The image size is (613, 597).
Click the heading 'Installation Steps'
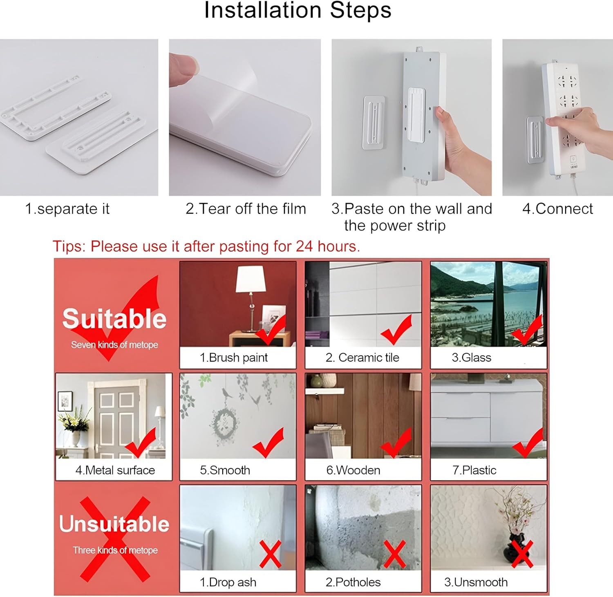(x=298, y=11)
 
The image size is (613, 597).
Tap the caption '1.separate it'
(x=67, y=209)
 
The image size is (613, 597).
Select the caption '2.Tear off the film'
(x=246, y=209)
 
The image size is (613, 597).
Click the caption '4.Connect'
(x=557, y=209)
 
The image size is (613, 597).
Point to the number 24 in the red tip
(x=304, y=246)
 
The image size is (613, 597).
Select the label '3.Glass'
(x=471, y=358)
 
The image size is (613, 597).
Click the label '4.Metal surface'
(x=115, y=470)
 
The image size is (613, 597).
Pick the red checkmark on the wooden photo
(x=396, y=443)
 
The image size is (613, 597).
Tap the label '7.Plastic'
(x=474, y=470)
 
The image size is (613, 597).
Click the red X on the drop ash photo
(x=270, y=555)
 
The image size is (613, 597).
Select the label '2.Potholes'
(x=353, y=582)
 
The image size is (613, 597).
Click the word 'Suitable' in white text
(x=114, y=319)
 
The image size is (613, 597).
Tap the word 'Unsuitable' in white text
(x=114, y=524)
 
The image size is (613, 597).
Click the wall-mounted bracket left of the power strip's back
(x=374, y=123)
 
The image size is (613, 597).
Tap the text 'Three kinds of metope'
(x=115, y=550)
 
